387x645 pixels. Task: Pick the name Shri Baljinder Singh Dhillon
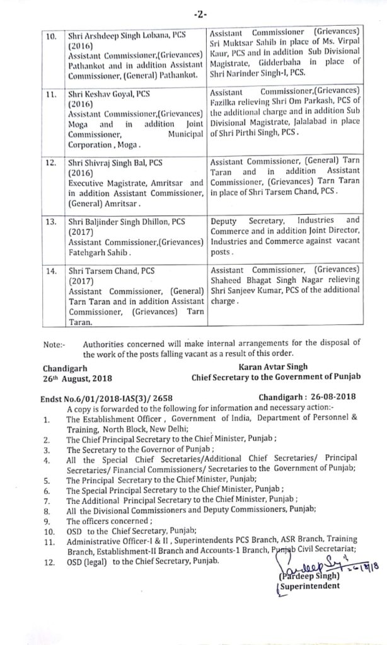[125, 220]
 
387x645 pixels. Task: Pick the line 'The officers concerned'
[101, 521]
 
